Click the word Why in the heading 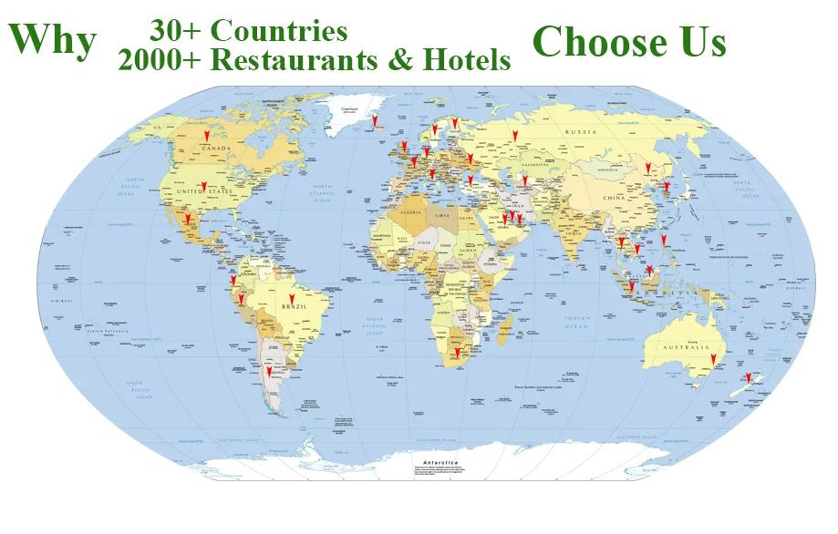point(52,39)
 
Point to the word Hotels point(465,60)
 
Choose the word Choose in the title point(599,41)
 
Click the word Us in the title point(702,41)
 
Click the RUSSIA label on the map point(581,132)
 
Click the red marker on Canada point(206,133)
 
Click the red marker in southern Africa point(457,351)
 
